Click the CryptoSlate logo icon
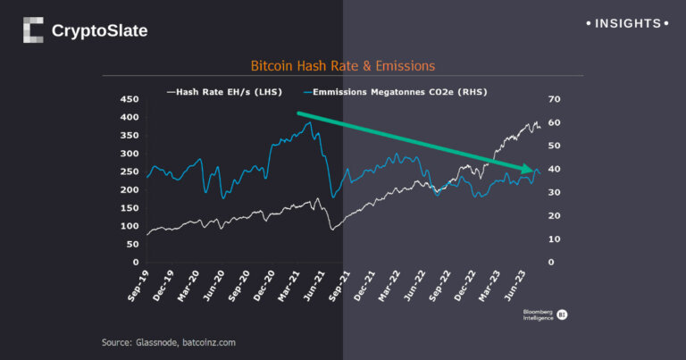pos(33,30)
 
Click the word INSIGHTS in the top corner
pos(626,23)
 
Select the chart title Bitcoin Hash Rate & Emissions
pos(343,67)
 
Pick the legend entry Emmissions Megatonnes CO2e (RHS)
pos(388,91)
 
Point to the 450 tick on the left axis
pos(130,99)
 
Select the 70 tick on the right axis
pos(555,99)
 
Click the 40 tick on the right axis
pos(555,169)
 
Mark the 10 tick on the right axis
pos(555,239)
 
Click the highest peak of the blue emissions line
pos(309,123)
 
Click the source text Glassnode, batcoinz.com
pos(169,342)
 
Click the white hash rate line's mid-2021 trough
pos(331,230)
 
